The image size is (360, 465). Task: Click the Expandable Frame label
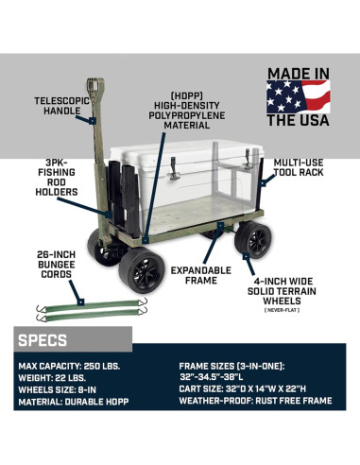pyautogui.click(x=199, y=275)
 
